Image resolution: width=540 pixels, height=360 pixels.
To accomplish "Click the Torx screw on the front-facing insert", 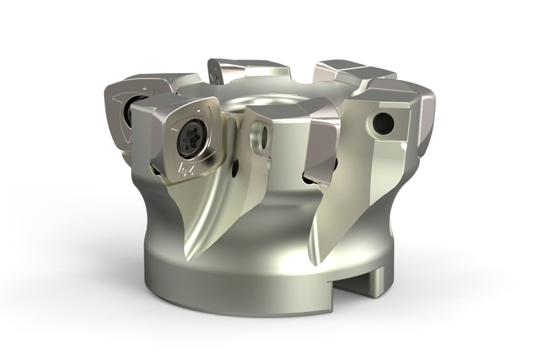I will click(x=186, y=140).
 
